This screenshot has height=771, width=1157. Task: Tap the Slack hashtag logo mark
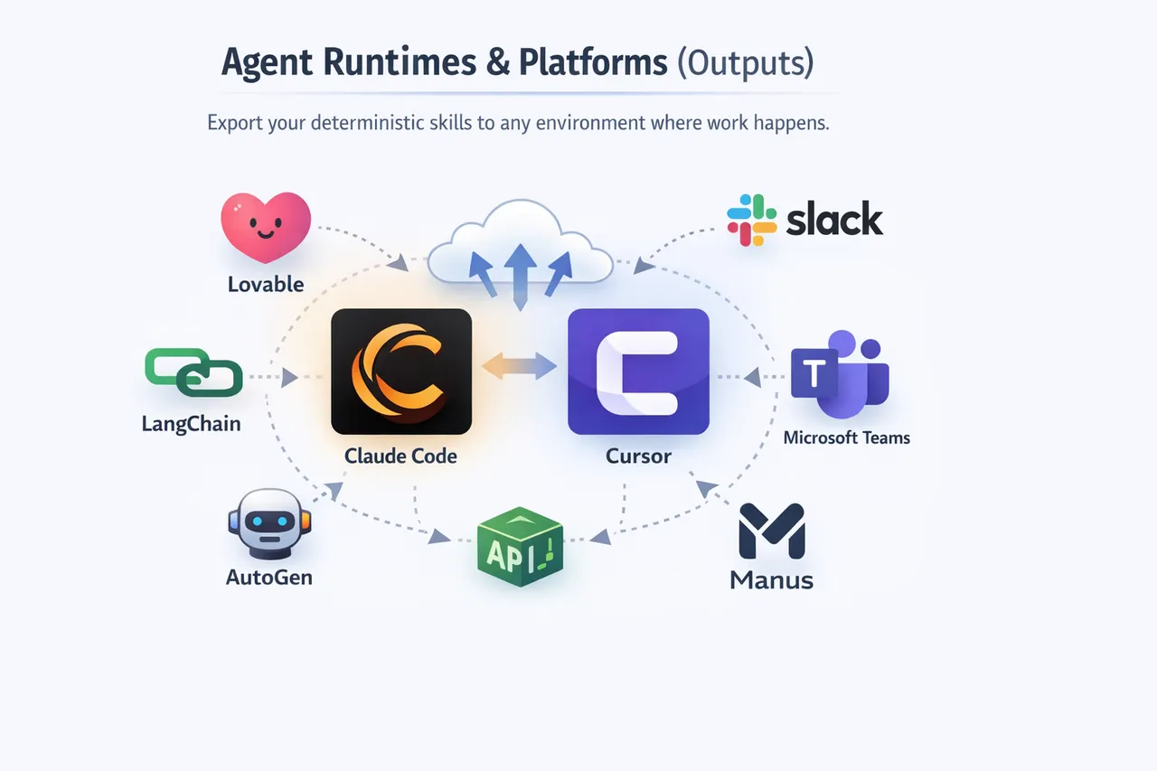coord(751,220)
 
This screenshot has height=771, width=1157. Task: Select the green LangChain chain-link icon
coord(193,372)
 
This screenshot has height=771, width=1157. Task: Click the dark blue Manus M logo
coord(771,531)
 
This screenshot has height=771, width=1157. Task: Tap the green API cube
coord(520,547)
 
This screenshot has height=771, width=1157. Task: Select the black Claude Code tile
coord(401,371)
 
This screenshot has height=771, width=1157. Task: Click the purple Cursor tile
coord(638,371)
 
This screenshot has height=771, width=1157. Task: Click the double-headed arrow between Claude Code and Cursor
coord(519,366)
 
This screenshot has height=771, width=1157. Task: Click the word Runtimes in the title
coord(386,62)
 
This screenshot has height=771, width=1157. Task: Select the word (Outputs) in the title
coord(745,62)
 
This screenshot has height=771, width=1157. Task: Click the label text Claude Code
coord(400,456)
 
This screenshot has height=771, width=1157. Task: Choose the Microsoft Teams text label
coord(846,438)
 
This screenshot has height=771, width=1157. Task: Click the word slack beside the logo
coord(833,220)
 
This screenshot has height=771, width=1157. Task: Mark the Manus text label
coord(771,579)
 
